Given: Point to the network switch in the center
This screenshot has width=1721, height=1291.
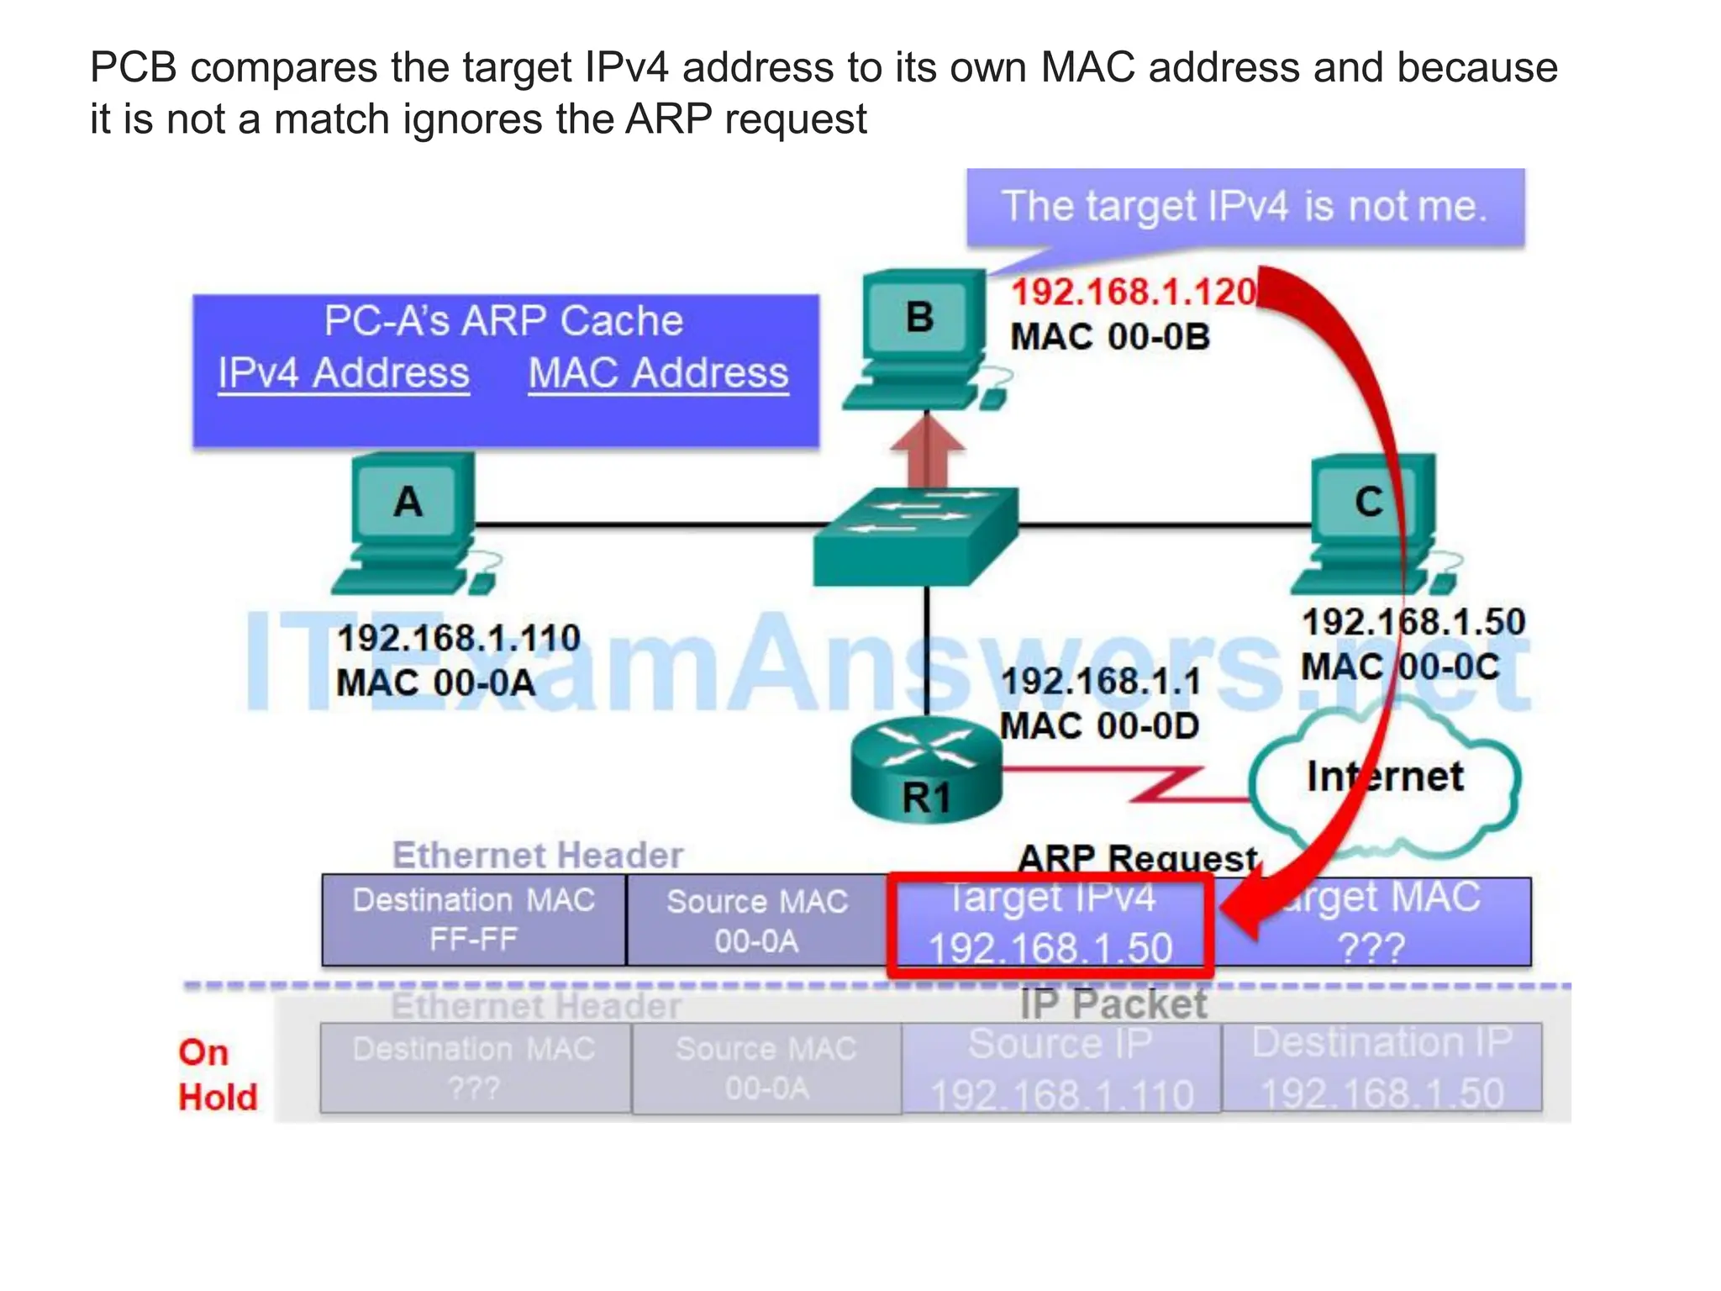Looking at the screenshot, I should (x=916, y=538).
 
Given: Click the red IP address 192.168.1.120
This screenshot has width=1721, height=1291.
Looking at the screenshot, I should (x=1133, y=292).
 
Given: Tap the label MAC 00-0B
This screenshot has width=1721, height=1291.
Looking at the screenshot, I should (x=1109, y=338).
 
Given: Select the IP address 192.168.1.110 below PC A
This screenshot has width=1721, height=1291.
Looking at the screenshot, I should (x=459, y=639).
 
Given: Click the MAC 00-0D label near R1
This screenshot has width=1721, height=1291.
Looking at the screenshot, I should (x=1099, y=726).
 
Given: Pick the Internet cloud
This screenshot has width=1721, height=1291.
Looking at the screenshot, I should (x=1385, y=777).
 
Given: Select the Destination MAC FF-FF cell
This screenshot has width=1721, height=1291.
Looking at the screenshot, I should (x=474, y=920).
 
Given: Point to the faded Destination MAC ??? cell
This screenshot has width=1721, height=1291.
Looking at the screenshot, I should (x=475, y=1068).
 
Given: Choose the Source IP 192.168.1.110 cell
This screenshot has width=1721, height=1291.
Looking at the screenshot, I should (x=1061, y=1068).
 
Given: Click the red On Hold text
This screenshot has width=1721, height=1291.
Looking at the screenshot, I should (x=217, y=1075).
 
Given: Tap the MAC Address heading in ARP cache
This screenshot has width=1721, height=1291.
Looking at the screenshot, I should (x=658, y=373).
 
